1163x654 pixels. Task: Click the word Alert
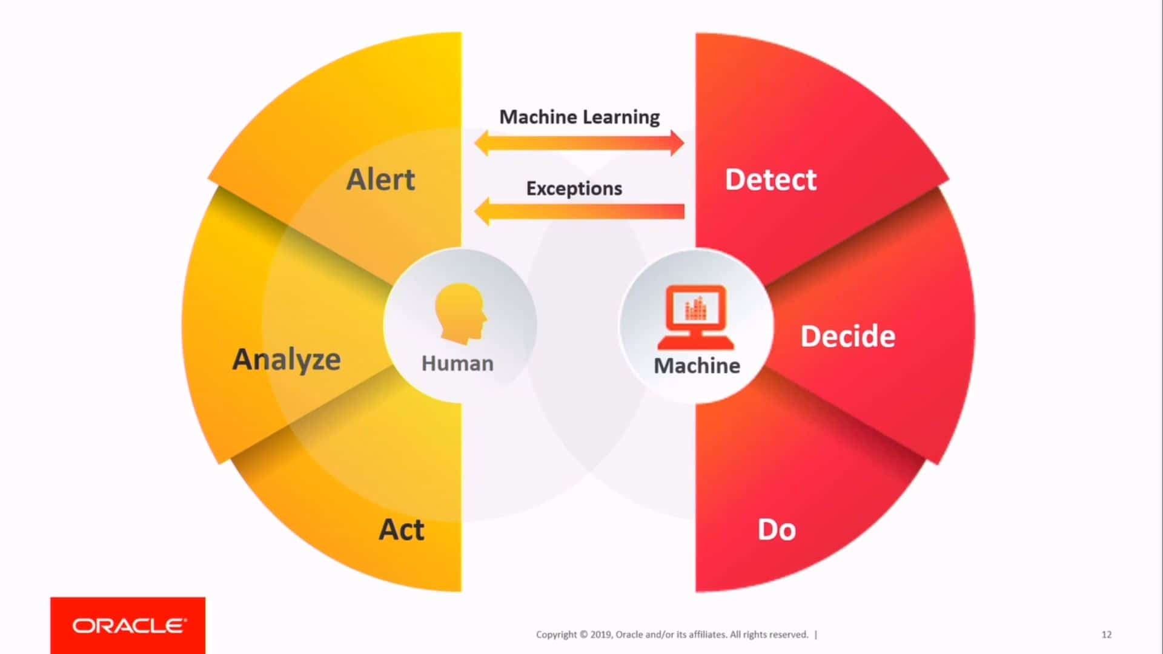click(380, 179)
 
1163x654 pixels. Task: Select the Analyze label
click(287, 360)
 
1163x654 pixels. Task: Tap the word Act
click(402, 530)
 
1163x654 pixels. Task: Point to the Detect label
click(770, 180)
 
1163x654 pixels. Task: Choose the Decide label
click(848, 336)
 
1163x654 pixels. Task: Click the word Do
click(777, 530)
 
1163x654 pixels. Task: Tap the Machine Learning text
click(580, 117)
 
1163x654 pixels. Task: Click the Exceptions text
click(574, 188)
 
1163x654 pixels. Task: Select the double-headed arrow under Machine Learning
click(580, 144)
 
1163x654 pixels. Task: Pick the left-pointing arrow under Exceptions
click(580, 211)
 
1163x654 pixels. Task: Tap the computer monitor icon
click(696, 317)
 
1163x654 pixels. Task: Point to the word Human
click(457, 363)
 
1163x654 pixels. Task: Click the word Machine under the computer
click(697, 366)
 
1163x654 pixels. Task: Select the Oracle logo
click(128, 626)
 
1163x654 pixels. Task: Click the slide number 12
click(1107, 635)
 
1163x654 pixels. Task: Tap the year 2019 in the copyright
click(601, 635)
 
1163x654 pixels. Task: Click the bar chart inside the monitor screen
click(695, 308)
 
